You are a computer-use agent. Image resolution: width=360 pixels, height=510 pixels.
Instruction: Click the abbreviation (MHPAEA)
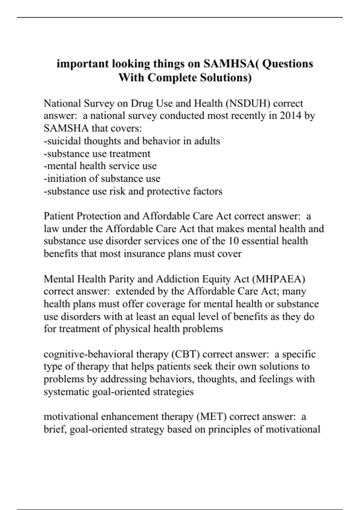(278, 279)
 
